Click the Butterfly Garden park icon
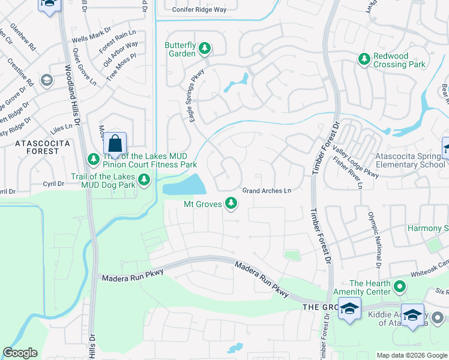point(205,47)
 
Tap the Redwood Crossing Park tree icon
point(364,59)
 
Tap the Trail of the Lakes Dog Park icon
point(144,179)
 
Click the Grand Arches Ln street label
point(267,191)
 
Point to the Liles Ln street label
point(61,128)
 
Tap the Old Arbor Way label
point(120,53)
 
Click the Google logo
point(20,353)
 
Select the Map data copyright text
point(411,355)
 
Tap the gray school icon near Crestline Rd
point(46,80)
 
